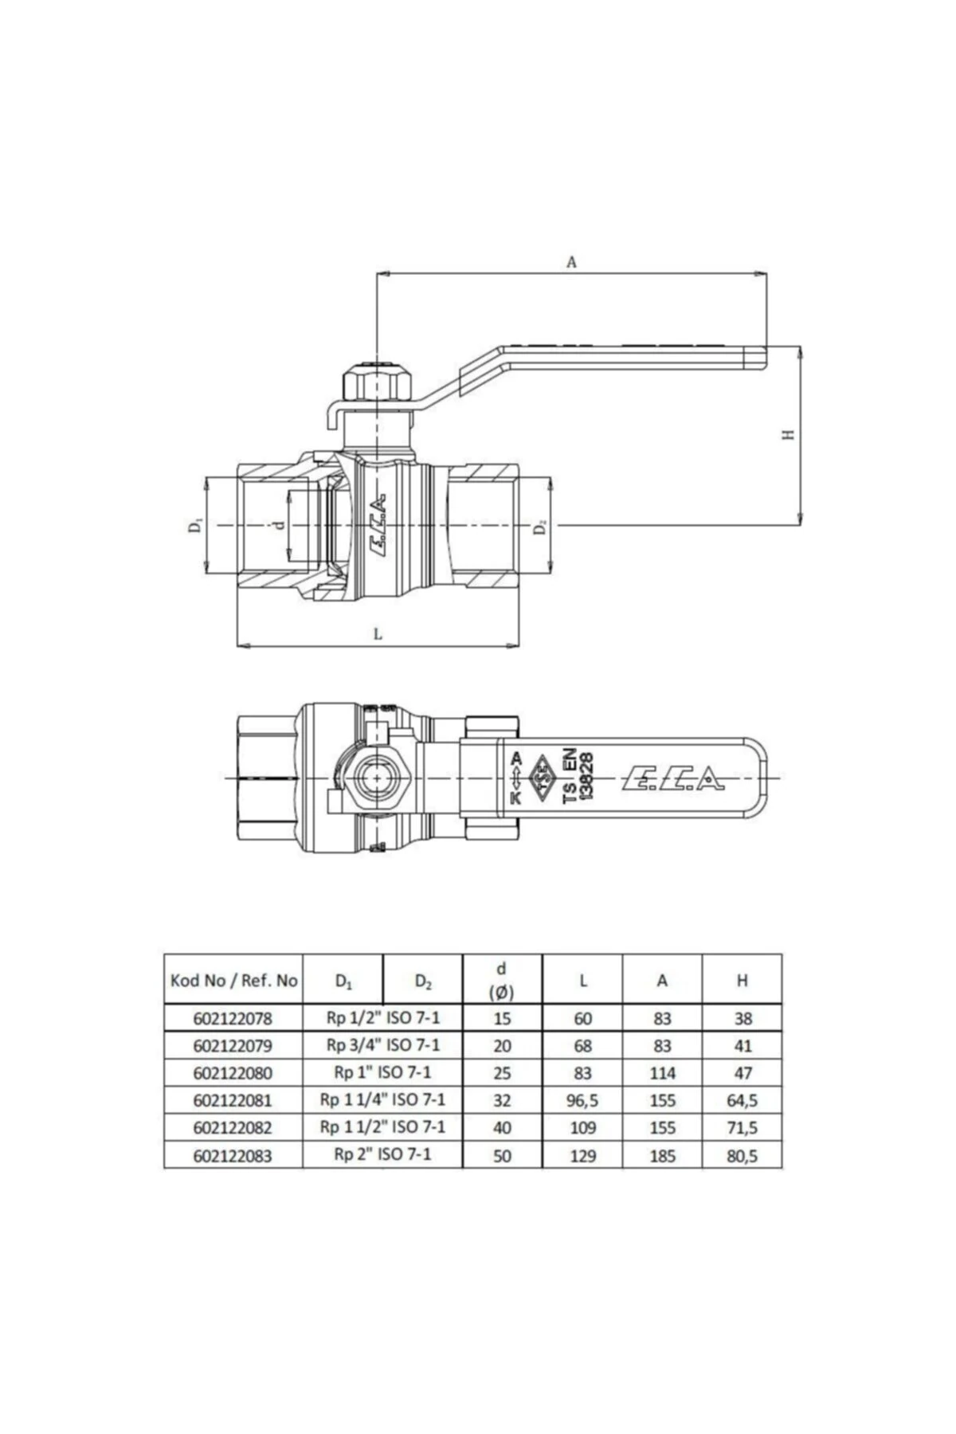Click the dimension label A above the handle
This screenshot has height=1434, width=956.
click(x=570, y=261)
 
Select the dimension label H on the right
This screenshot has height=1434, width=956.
click(x=789, y=434)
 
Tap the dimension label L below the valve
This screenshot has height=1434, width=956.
click(x=378, y=634)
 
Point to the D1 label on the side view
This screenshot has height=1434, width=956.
click(x=195, y=526)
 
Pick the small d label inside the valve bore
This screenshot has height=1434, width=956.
click(x=278, y=526)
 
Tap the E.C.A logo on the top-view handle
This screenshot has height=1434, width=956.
click(x=673, y=778)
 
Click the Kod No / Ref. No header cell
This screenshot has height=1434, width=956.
click(x=233, y=980)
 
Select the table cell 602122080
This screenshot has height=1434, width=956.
click(x=233, y=1073)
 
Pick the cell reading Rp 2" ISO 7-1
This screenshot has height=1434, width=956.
click(x=382, y=1154)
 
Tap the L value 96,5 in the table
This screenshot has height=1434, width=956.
click(x=582, y=1101)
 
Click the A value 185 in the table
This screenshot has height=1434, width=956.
click(x=662, y=1155)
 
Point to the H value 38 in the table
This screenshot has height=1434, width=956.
click(x=742, y=1018)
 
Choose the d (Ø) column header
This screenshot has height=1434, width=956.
click(x=502, y=980)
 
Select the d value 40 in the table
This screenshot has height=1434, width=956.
click(x=502, y=1128)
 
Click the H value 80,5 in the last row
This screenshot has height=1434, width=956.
click(x=742, y=1155)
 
